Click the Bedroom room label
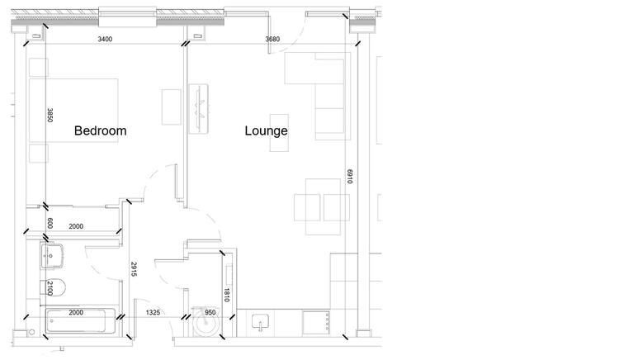(x=100, y=130)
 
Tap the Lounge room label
(x=266, y=131)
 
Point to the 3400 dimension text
(x=105, y=39)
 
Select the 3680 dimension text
(x=272, y=39)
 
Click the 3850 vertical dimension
(x=50, y=115)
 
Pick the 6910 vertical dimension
(x=350, y=176)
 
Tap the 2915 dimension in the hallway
(x=134, y=269)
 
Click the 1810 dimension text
(x=227, y=295)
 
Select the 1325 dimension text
(x=154, y=313)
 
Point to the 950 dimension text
(x=210, y=313)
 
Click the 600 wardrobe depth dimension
(x=50, y=224)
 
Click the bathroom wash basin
(x=51, y=257)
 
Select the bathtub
(x=81, y=321)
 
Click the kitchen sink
(x=260, y=321)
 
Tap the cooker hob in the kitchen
(x=316, y=323)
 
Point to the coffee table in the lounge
(x=279, y=133)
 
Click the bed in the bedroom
(x=73, y=110)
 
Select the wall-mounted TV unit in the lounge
(x=198, y=108)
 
